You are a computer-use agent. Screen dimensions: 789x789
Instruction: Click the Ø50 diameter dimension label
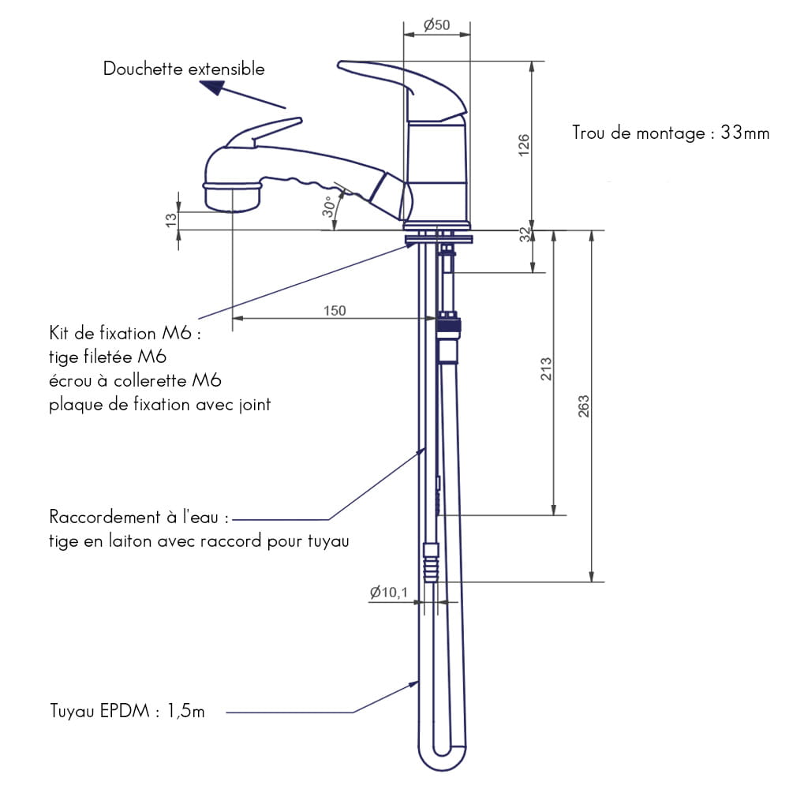tap(436, 24)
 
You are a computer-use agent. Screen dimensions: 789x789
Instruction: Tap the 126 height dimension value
tap(524, 145)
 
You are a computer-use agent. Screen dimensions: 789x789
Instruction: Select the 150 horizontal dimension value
tap(335, 310)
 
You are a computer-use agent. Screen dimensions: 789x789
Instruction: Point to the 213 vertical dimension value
tap(546, 368)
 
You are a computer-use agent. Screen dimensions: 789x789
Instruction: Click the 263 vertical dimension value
tap(583, 406)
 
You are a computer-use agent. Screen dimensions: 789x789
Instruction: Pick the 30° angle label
tap(328, 206)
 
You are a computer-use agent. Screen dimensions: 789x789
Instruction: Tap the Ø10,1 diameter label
tap(388, 593)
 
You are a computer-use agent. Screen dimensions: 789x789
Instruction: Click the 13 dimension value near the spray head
tap(171, 220)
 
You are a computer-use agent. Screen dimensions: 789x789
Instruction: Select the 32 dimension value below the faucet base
tap(525, 234)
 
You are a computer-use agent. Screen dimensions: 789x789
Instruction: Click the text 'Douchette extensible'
tap(184, 69)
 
